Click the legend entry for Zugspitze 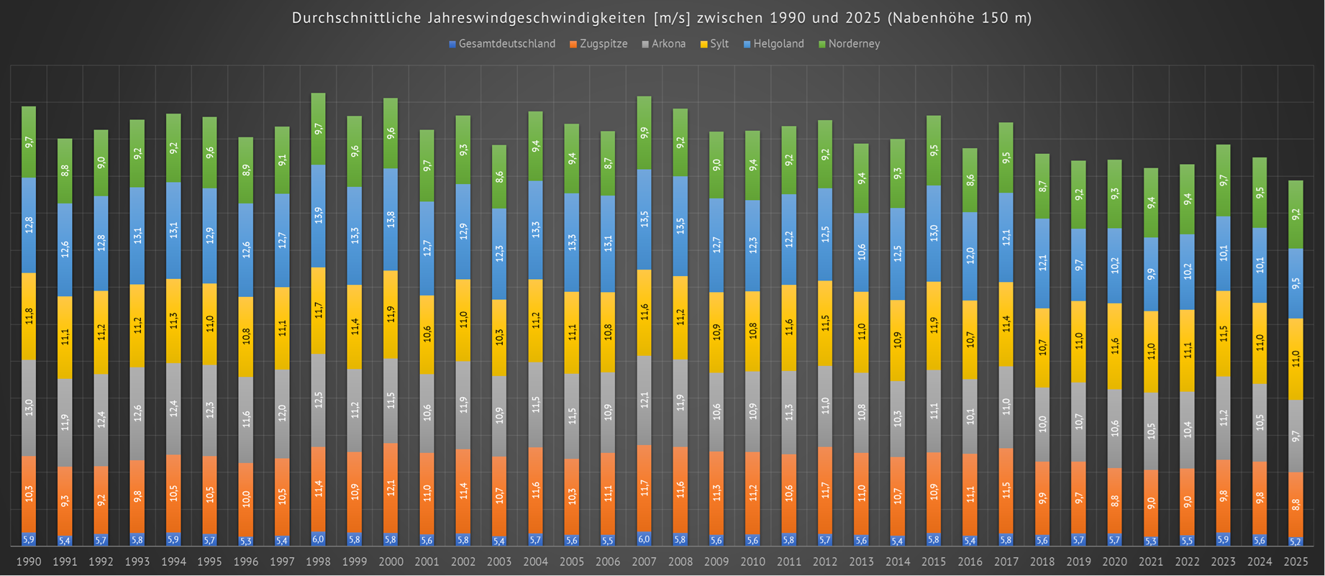point(603,44)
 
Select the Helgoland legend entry point(778,44)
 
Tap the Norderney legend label point(853,44)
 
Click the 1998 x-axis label point(318,562)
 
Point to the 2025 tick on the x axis point(1296,562)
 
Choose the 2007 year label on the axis point(644,562)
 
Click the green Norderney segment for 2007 point(644,133)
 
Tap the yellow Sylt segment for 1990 point(29,316)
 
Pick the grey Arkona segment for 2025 point(1296,436)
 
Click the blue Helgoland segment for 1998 point(318,216)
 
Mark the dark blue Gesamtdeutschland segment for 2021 point(1151,541)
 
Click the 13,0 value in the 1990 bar point(29,408)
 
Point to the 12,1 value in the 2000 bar point(391,488)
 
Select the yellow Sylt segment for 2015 point(934,326)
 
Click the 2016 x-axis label point(970,562)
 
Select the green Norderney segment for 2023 point(1224,180)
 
